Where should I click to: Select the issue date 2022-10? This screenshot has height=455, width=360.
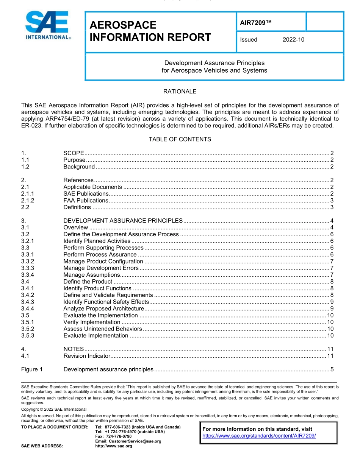293,40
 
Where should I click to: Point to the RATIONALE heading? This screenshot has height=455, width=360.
180,92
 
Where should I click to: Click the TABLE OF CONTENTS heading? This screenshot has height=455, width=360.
180,139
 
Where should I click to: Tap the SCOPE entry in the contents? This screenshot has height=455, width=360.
74,153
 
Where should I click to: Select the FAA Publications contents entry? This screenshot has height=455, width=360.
86,201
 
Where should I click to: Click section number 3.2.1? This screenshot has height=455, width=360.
28,241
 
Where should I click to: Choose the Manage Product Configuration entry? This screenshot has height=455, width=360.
103,262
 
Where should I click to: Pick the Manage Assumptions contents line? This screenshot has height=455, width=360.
91,275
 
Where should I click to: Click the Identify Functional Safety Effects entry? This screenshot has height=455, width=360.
106,302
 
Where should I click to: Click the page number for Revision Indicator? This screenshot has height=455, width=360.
330,356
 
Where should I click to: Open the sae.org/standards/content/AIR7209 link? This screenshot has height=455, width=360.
259,436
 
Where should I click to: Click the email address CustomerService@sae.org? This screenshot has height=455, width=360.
128,441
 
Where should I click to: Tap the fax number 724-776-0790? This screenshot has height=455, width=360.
113,436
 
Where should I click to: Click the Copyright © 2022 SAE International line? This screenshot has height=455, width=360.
54,409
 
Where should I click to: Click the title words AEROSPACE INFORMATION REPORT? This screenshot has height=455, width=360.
150,31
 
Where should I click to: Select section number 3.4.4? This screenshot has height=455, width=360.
28,309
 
